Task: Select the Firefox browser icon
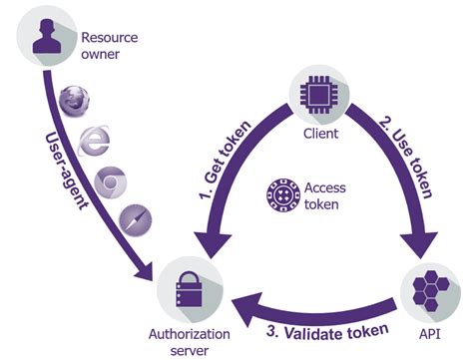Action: [71, 100]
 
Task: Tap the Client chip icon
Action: [316, 93]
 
